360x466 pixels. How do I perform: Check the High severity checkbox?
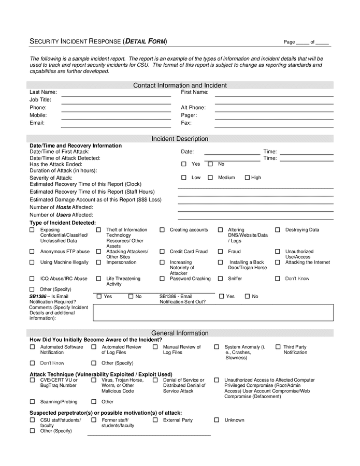coord(247,178)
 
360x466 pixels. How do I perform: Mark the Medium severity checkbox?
coord(210,178)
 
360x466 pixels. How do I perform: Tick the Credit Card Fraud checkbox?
coord(162,252)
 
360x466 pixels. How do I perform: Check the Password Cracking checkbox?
coord(162,279)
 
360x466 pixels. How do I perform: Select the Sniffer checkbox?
coord(220,279)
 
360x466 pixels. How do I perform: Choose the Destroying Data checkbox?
coord(278,230)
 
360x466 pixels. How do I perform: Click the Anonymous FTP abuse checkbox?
coord(32,252)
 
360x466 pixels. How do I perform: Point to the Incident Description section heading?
coord(180,139)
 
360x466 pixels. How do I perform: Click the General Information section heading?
coord(180,333)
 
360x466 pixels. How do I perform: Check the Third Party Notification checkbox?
coord(278,347)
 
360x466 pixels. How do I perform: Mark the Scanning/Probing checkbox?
coord(32,401)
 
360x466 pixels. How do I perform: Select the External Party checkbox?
coord(155,420)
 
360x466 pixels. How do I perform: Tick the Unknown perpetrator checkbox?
coord(217,420)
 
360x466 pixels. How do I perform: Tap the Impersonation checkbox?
coord(98,263)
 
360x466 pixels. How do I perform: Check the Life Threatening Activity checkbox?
coord(98,279)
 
